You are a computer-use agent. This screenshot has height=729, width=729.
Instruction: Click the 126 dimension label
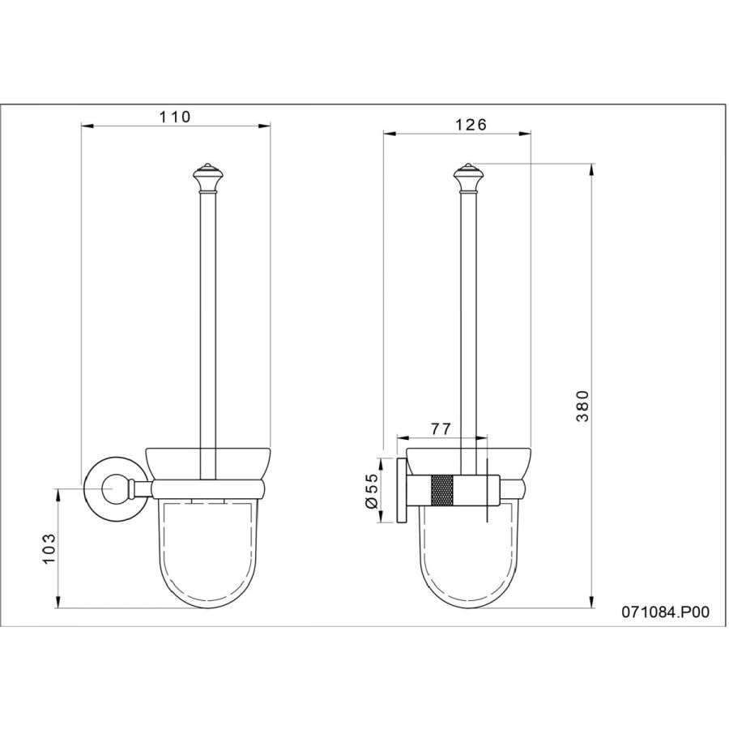(x=471, y=125)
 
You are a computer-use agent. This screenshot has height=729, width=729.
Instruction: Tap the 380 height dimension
(x=582, y=406)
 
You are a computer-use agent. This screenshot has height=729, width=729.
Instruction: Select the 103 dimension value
(x=49, y=548)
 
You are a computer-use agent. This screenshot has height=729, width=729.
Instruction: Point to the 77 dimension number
(x=441, y=428)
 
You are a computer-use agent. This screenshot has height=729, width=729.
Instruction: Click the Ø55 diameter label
(x=373, y=491)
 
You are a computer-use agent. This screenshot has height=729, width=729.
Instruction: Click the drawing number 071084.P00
(x=666, y=612)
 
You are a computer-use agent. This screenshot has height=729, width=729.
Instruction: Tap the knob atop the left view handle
(x=208, y=178)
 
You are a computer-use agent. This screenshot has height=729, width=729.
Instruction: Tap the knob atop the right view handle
(x=468, y=178)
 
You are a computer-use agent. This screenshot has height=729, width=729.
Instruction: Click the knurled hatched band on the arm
(x=442, y=490)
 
